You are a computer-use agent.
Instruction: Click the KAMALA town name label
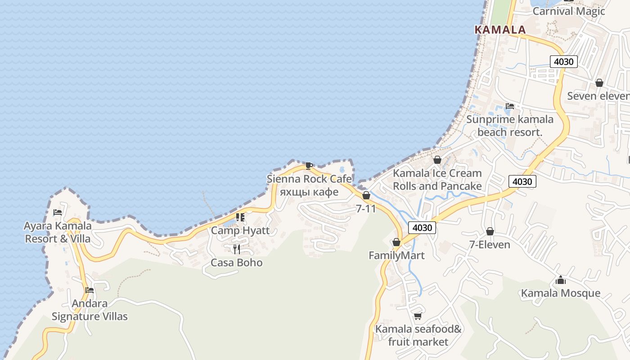point(500,30)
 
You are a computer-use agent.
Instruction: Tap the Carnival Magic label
point(569,11)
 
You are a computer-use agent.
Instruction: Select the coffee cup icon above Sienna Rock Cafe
point(309,166)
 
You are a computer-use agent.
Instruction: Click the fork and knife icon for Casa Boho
point(236,249)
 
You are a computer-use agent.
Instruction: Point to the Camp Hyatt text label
point(240,230)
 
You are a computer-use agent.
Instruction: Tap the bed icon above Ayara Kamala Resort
point(58,212)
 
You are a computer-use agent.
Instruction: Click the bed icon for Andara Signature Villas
point(90,290)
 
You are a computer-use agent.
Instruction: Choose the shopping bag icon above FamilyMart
point(396,243)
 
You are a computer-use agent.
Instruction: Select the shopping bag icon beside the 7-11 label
point(366,195)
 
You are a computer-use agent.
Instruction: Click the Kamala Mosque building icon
point(561,280)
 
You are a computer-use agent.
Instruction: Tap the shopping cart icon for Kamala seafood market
point(418,316)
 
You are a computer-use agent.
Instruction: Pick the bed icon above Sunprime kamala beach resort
point(510,106)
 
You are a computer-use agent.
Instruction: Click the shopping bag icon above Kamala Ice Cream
point(437,160)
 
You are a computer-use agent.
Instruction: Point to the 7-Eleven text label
point(490,245)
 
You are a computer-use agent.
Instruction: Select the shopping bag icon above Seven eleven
point(599,83)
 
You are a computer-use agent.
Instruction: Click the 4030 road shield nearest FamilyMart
point(422,228)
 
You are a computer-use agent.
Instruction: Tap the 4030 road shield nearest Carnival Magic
point(563,62)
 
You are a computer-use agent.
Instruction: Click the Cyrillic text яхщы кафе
point(309,192)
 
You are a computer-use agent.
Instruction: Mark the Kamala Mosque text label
point(561,293)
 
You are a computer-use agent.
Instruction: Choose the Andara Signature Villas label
point(90,310)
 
